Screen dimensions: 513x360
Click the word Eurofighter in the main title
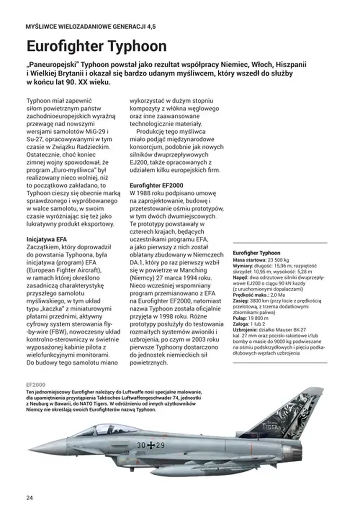pyautogui.click(x=63, y=46)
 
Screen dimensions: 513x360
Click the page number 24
pyautogui.click(x=30, y=498)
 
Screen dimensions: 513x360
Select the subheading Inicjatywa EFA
pyautogui.click(x=47, y=239)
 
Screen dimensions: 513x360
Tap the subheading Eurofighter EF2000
pyautogui.click(x=156, y=185)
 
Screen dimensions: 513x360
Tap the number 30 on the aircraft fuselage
pyautogui.click(x=141, y=445)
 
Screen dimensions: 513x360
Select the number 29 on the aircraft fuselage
pyautogui.click(x=160, y=445)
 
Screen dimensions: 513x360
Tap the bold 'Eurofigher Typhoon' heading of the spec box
pyautogui.click(x=257, y=253)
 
